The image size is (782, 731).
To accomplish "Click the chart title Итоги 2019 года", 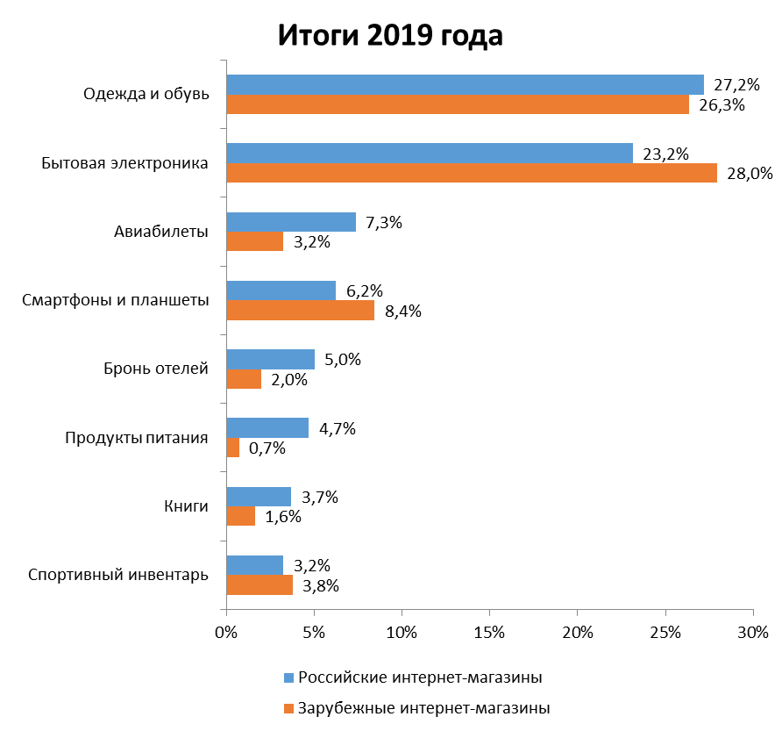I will tap(391, 36).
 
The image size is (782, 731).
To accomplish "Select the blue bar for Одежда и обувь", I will tap(465, 84).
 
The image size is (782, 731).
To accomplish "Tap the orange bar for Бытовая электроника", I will tap(472, 173).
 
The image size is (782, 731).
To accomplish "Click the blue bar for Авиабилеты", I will tap(291, 222).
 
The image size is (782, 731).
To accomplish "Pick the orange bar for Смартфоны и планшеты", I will tap(300, 310).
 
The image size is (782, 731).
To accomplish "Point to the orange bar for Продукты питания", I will tap(233, 448).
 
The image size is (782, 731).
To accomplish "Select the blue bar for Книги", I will tap(259, 497).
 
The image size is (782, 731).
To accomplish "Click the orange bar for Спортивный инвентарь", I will tap(259, 584).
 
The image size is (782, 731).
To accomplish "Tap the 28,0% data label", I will tap(750, 173).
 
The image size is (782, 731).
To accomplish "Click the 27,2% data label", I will tap(736, 85).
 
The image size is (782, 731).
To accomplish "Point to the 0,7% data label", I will tap(267, 448).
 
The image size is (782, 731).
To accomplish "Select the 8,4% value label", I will tap(402, 311).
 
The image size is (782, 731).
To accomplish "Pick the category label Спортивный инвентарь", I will tap(118, 576).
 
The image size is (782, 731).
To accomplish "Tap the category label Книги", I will tap(186, 506).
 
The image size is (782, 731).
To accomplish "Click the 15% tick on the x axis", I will tap(489, 632).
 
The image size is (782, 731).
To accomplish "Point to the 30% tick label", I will tap(753, 632).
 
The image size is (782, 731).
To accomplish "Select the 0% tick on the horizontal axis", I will tap(226, 632).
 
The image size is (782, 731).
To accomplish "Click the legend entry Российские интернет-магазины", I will tap(419, 677).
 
